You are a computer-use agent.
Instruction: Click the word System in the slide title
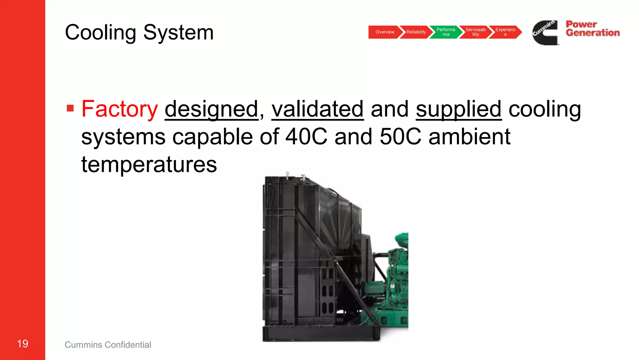[x=178, y=32]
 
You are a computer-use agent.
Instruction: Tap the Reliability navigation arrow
[x=416, y=32]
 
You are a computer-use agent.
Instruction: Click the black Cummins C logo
[x=545, y=33]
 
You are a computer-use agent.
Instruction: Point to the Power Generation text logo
[x=592, y=29]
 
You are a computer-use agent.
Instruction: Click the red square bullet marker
[x=70, y=108]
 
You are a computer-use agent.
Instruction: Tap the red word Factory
[x=120, y=109]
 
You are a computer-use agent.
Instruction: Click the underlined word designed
[x=212, y=109]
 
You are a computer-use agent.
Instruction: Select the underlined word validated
[x=317, y=109]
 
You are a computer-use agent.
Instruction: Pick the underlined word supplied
[x=459, y=109]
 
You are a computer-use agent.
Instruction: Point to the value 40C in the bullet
[x=306, y=137]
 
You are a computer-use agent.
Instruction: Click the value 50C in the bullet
[x=400, y=137]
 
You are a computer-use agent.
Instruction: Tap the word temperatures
[x=149, y=165]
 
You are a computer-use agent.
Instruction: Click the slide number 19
[x=22, y=344]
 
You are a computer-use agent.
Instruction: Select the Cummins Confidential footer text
[x=108, y=345]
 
